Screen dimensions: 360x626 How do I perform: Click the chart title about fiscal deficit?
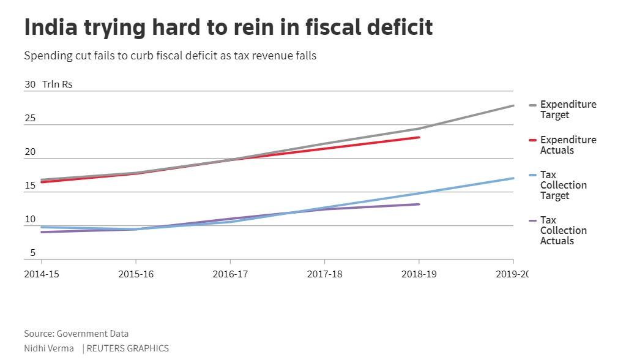point(228,28)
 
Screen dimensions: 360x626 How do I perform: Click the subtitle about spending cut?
point(170,56)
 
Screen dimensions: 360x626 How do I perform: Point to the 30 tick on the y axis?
point(30,84)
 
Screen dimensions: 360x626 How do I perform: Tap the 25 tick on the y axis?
point(30,118)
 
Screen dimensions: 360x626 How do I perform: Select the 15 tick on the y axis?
point(30,186)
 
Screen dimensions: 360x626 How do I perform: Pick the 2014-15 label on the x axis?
point(42,274)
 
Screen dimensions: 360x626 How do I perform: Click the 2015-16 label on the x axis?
point(136,274)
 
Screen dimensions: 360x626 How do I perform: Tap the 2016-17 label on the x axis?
point(230,274)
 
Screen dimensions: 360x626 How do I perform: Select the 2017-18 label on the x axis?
point(324,274)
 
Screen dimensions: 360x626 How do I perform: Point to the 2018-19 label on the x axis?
point(419,274)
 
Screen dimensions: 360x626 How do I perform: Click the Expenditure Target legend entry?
point(567,110)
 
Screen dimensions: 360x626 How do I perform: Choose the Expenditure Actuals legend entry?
point(567,145)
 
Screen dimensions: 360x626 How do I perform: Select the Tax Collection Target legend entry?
point(563,186)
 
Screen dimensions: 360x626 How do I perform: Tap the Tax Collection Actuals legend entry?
point(563,230)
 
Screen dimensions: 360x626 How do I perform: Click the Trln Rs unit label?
point(58,84)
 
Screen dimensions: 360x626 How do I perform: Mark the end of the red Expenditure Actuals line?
point(419,137)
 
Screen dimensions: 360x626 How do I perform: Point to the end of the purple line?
point(419,204)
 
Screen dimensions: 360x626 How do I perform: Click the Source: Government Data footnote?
point(76,334)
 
